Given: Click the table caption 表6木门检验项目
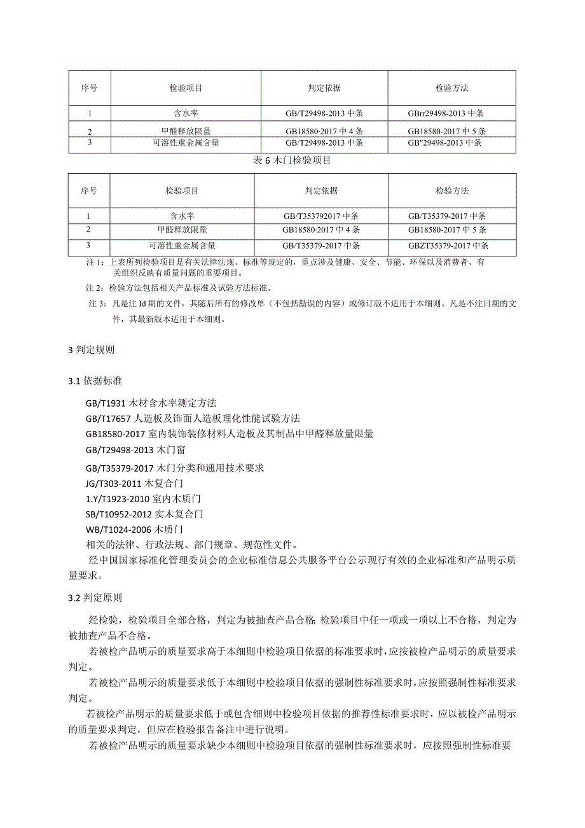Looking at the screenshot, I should coord(292,160).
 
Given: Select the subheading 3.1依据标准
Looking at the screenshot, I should coord(95,381).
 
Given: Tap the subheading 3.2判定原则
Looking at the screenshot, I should coord(95,598).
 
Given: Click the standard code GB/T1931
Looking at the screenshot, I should coord(106,403).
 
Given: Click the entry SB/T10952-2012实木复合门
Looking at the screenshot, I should coord(144,514).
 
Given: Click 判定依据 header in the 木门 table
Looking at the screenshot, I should coord(321,190).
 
